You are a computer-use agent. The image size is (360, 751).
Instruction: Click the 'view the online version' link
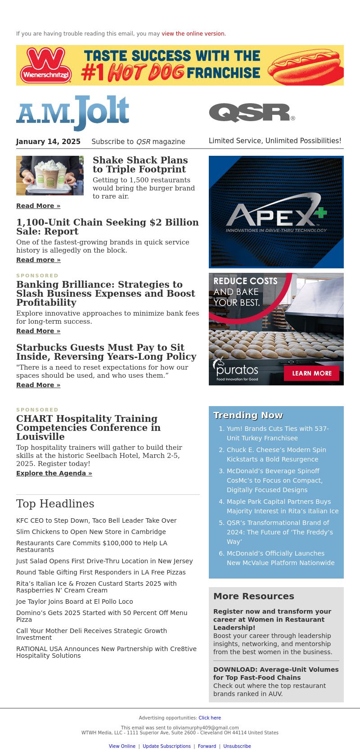pyautogui.click(x=193, y=34)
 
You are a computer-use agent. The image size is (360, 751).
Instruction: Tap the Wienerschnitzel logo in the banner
pyautogui.click(x=46, y=65)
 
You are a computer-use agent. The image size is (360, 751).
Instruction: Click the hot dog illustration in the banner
pyautogui.click(x=305, y=66)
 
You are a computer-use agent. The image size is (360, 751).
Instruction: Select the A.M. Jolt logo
pyautogui.click(x=73, y=113)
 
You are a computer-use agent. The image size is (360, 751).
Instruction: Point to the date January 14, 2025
pyautogui.click(x=48, y=141)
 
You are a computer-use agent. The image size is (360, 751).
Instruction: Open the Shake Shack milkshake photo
pyautogui.click(x=50, y=176)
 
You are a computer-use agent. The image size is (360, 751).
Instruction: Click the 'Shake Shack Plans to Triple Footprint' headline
pyautogui.click(x=140, y=165)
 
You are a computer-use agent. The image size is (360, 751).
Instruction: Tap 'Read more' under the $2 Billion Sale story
pyautogui.click(x=38, y=260)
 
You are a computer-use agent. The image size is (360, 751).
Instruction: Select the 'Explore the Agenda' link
pyautogui.click(x=54, y=473)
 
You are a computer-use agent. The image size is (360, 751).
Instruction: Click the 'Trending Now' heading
pyautogui.click(x=248, y=415)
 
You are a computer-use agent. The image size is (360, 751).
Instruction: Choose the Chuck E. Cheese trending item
pyautogui.click(x=276, y=454)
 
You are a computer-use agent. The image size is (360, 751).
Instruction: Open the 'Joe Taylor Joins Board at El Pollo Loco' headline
pyautogui.click(x=75, y=602)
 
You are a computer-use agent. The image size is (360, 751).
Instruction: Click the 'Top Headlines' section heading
pyautogui.click(x=55, y=504)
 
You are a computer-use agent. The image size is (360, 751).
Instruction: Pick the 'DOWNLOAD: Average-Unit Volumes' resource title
pyautogui.click(x=276, y=673)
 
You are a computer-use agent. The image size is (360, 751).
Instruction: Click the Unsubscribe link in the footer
pyautogui.click(x=237, y=746)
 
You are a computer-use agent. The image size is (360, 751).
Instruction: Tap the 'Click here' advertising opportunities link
pyautogui.click(x=210, y=718)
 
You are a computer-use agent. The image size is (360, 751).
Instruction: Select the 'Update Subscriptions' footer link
pyautogui.click(x=166, y=746)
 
